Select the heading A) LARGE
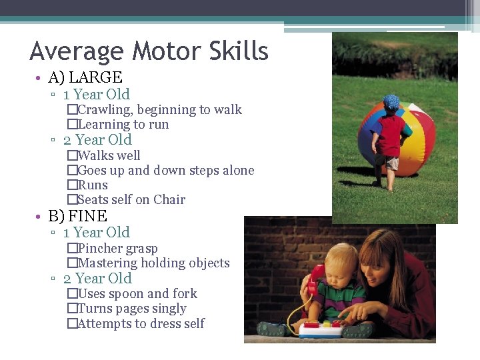coord(85,77)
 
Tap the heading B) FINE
coord(78,216)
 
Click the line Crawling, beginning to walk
coord(159,109)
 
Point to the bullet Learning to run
coord(123,125)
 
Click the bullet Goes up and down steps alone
coord(165,170)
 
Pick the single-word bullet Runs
coord(93,185)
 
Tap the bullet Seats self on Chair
coord(131,199)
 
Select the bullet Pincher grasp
coord(117,248)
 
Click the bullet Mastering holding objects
coord(153,263)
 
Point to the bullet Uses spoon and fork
coord(137,293)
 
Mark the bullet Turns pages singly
coord(132,309)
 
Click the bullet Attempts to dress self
coord(141,323)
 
